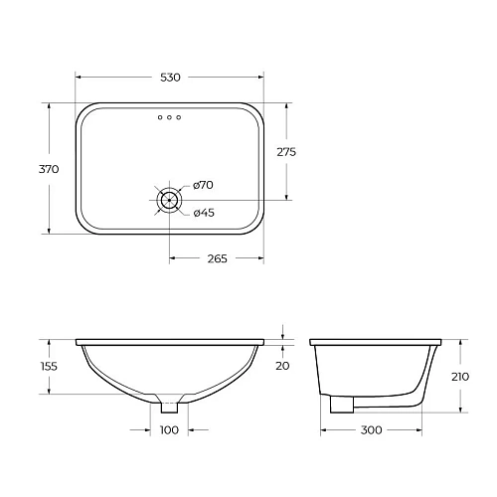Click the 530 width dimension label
click(x=171, y=77)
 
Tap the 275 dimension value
click(x=287, y=152)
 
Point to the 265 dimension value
click(x=217, y=258)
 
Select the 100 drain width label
click(x=170, y=430)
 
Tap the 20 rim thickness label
click(x=283, y=366)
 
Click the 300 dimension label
click(x=370, y=430)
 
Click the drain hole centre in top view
click(x=170, y=199)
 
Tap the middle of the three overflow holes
click(x=170, y=118)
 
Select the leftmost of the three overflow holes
click(x=160, y=118)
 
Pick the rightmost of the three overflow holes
click(x=180, y=118)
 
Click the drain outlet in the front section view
click(x=170, y=405)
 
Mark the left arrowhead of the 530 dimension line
click(x=81, y=77)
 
